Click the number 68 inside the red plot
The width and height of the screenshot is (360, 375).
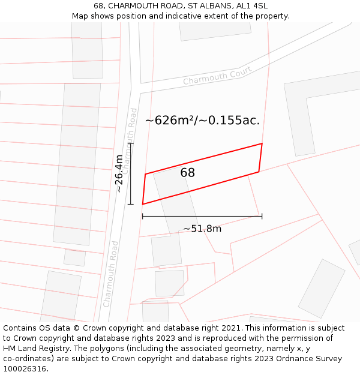[187, 173]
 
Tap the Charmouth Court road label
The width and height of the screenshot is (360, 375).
[217, 76]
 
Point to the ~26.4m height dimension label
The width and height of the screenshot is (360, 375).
[119, 173]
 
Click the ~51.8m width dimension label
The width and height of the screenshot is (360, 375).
[202, 229]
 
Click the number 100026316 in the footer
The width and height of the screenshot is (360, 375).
[24, 369]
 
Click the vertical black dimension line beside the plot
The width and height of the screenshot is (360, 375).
[131, 174]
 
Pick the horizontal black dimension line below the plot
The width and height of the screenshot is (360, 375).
[202, 216]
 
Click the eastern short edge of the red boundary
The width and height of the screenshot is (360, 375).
[260, 158]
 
